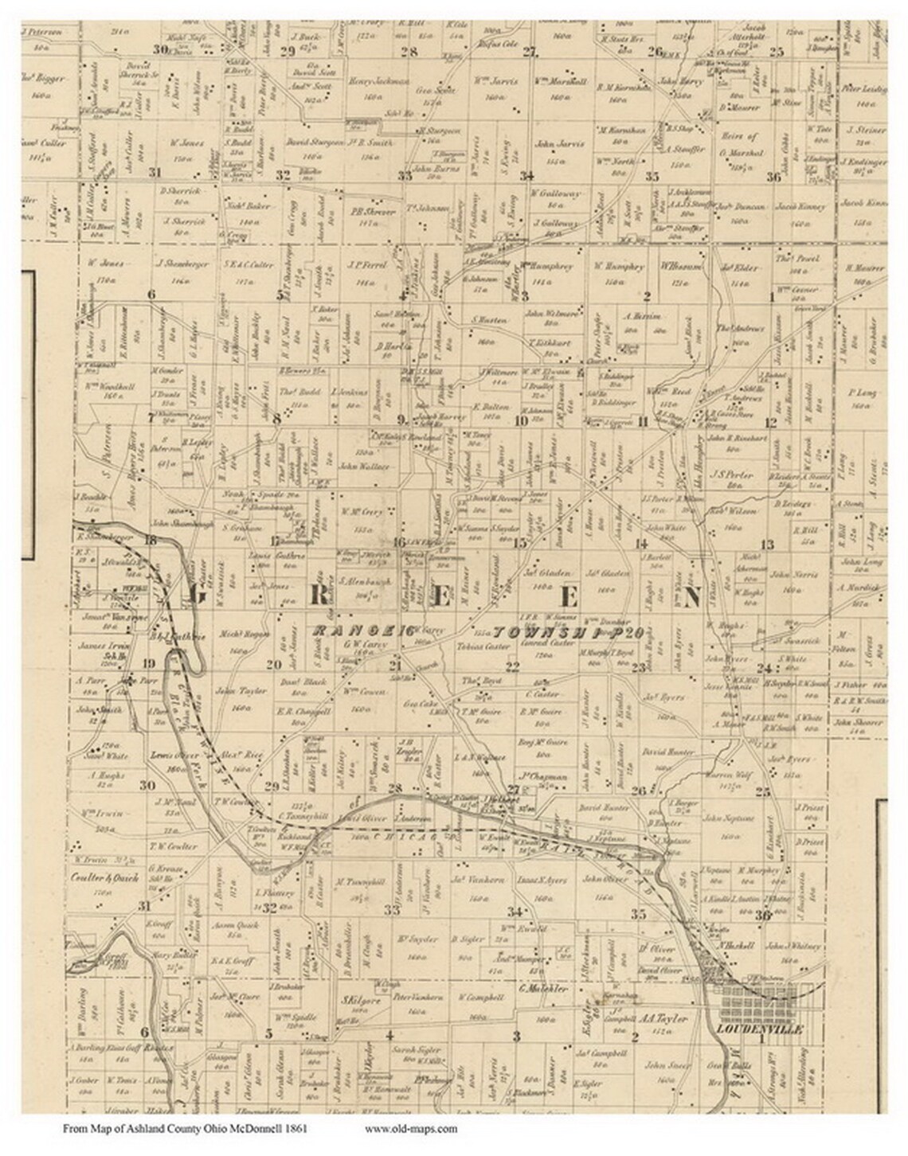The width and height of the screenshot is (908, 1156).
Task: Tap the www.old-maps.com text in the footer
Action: point(411,1128)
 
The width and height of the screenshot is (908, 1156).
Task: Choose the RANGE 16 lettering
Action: point(361,631)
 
